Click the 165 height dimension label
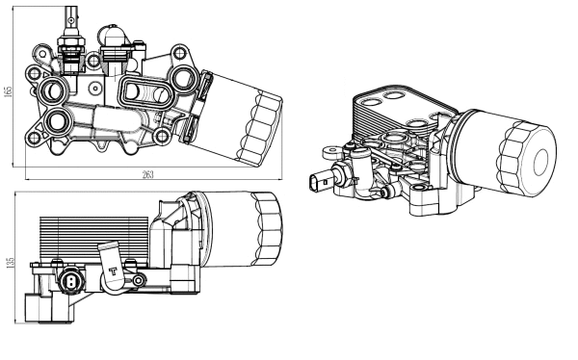pyautogui.click(x=9, y=91)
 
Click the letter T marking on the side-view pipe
pyautogui.click(x=115, y=270)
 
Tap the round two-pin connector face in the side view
pyautogui.click(x=71, y=283)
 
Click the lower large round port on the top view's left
pyautogui.click(x=59, y=122)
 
